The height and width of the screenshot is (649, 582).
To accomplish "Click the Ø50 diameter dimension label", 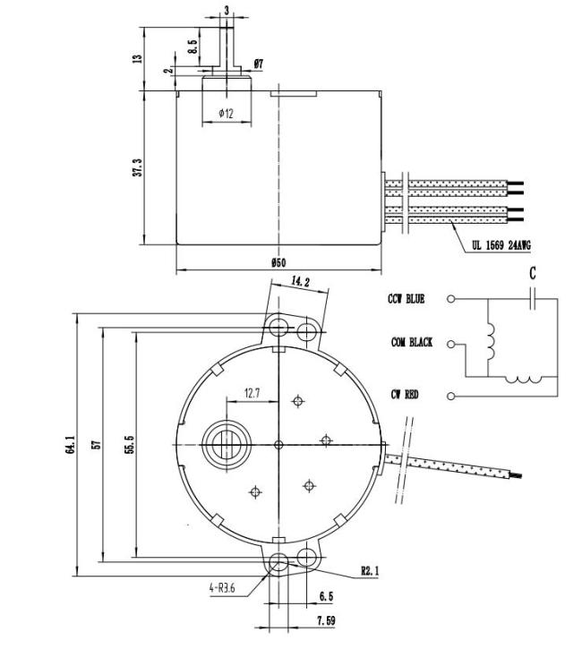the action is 278,262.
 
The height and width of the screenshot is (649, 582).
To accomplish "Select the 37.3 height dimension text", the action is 138,167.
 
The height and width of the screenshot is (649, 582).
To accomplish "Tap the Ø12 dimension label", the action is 226,113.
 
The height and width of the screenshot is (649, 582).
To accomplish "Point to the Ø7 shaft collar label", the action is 258,64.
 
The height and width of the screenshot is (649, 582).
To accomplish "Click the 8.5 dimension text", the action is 192,46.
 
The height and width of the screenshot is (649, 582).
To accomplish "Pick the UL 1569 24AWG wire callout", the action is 501,245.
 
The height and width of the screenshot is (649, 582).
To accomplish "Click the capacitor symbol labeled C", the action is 533,298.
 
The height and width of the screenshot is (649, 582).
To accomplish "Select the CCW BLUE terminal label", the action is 407,299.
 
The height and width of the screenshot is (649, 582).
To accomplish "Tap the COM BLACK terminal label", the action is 412,343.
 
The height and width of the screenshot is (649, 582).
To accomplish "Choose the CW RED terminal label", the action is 405,395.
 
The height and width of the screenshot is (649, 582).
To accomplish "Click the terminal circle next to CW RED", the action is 450,396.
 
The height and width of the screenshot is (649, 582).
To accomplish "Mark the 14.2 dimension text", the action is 300,281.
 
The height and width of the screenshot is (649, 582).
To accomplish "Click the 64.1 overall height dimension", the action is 69,445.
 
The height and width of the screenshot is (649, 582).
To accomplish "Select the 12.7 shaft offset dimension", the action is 252,393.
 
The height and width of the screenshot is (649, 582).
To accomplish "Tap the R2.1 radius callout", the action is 370,571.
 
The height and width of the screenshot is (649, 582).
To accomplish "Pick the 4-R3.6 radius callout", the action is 222,588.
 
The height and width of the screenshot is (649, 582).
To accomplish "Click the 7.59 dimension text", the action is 326,620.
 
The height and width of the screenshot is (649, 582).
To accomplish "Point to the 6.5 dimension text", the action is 327,596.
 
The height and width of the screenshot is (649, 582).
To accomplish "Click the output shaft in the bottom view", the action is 227,445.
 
